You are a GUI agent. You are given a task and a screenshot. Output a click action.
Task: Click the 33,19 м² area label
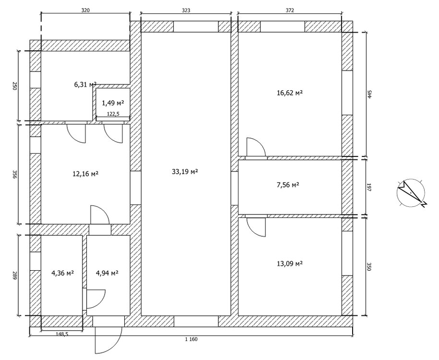pyautogui.click(x=185, y=171)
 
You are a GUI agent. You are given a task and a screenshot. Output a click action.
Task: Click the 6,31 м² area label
pyautogui.click(x=85, y=84)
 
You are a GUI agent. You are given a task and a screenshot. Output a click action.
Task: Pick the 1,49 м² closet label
pyautogui.click(x=113, y=102)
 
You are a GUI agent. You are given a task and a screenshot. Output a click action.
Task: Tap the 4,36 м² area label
pyautogui.click(x=62, y=273)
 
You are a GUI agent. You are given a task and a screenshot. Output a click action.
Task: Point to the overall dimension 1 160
pyautogui.click(x=190, y=340)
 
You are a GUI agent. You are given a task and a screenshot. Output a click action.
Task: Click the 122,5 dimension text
pyautogui.click(x=113, y=114)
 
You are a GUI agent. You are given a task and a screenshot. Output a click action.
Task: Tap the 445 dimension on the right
pyautogui.click(x=370, y=94)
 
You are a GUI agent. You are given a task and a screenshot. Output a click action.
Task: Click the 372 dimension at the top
pyautogui.click(x=289, y=10)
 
